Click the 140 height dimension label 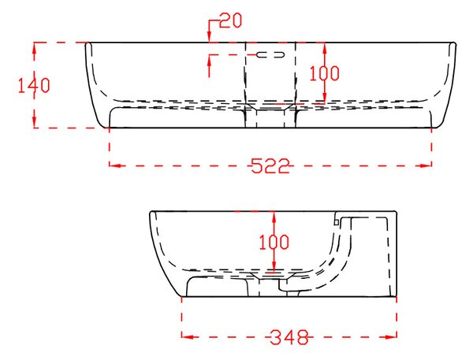[34, 85]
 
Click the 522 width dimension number [270, 165]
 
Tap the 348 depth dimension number [289, 337]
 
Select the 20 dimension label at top [231, 20]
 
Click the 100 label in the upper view [325, 73]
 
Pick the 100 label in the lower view [274, 242]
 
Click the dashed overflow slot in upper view [270, 54]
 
